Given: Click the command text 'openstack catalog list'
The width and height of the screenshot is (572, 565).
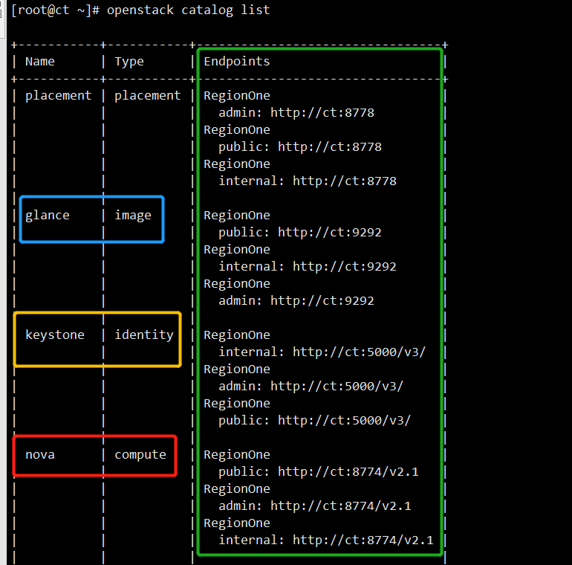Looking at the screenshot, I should tap(188, 10).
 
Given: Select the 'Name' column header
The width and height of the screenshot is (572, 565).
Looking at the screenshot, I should tap(40, 62).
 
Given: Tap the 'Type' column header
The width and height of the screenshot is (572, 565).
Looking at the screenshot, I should tap(129, 62).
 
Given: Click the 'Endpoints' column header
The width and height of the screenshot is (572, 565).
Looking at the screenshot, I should tap(237, 62).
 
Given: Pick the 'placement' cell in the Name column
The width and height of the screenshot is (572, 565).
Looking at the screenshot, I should tap(59, 96).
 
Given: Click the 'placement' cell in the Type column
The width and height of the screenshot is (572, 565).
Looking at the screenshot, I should tap(148, 96).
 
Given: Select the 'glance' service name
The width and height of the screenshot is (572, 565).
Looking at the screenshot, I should tap(48, 216).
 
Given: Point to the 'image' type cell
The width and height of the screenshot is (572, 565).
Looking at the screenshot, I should tap(133, 216).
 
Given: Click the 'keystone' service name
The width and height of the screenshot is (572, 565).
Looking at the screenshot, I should tap(55, 335).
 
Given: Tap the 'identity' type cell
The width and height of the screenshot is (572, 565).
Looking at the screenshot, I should tap(144, 335).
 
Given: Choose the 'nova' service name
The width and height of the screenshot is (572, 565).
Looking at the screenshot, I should tap(40, 455).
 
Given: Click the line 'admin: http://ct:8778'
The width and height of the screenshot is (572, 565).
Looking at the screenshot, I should tap(296, 113).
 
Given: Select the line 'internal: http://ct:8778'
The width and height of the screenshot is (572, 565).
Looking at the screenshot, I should tap(307, 181).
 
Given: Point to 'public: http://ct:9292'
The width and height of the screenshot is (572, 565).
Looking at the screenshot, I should tap(299, 233).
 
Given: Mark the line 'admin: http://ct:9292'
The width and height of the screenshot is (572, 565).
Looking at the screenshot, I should tap(296, 301).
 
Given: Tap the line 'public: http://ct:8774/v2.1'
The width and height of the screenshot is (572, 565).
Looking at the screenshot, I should tap(314, 472).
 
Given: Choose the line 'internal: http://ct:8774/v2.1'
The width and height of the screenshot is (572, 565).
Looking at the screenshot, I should tap(325, 540).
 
